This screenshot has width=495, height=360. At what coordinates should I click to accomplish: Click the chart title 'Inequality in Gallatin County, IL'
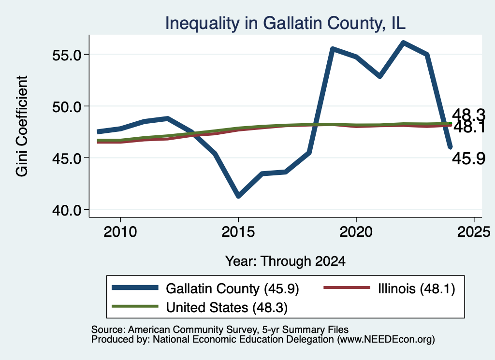285,23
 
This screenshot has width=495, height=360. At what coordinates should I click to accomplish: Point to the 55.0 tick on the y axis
66,55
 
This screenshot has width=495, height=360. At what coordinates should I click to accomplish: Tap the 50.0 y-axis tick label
66,107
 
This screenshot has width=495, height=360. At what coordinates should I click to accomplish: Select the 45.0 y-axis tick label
66,158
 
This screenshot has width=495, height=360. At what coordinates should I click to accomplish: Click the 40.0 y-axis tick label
66,210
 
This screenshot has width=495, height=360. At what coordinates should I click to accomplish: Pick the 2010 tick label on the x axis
120,232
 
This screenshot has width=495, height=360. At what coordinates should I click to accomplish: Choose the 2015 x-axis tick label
238,232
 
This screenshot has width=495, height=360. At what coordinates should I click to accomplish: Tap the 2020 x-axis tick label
356,232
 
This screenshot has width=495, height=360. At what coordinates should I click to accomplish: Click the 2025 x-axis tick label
474,232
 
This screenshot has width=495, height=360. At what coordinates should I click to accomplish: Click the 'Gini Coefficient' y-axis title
22,126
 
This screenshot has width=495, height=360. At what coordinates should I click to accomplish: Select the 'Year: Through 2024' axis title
285,261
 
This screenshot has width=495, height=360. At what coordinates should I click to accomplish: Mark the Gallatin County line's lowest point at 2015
238,196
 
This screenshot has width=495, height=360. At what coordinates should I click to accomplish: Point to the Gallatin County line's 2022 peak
403,43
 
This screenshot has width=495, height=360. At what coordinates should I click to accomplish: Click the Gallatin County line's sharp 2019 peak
333,49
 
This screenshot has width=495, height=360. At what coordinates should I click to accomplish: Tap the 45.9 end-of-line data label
468,158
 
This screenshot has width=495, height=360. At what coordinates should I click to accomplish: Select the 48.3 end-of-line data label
468,115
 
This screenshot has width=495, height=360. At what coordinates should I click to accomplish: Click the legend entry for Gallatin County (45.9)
205,288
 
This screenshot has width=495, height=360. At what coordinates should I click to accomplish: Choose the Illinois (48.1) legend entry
390,288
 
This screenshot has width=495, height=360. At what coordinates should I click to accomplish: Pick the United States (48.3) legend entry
200,307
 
